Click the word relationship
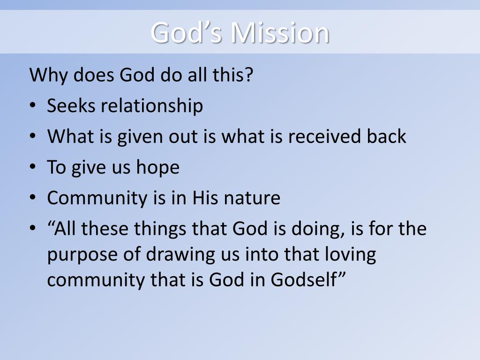[x=152, y=106]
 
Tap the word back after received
[x=386, y=137]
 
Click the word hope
[x=158, y=168]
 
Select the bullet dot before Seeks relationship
[x=32, y=107]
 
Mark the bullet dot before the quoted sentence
[x=32, y=230]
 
